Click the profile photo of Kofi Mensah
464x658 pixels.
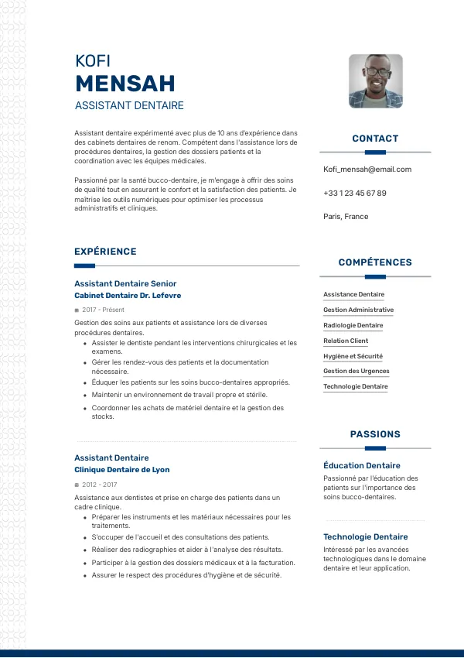coord(375,81)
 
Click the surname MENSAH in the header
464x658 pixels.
coord(125,83)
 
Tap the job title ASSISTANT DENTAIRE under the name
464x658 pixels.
coord(129,105)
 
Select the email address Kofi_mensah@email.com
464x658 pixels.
coord(367,170)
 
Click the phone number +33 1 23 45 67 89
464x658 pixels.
coord(355,193)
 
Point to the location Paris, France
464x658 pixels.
coord(346,217)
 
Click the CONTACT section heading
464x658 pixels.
coord(375,139)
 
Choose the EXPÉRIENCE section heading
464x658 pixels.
coord(105,252)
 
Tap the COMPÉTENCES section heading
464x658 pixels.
coord(375,262)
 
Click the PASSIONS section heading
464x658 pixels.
coord(375,434)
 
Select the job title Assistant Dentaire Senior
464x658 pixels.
coord(125,283)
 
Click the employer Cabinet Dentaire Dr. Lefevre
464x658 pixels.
coord(128,296)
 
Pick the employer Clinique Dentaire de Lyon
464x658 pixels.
coord(122,470)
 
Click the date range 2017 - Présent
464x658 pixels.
coord(103,310)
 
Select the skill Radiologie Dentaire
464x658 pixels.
coord(353,325)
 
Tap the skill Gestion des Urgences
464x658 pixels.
coord(357,372)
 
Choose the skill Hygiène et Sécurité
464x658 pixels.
coord(353,356)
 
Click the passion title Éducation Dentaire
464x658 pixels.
coord(362,465)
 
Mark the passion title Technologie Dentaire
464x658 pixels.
coord(366,536)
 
